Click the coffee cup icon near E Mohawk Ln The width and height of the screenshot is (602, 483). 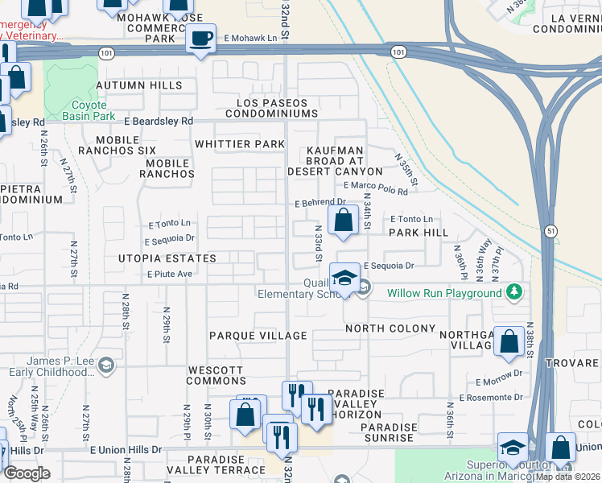[200, 38]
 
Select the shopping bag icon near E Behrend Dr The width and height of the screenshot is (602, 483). [343, 220]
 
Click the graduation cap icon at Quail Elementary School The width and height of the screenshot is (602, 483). [344, 278]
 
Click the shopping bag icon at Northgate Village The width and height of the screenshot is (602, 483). [509, 341]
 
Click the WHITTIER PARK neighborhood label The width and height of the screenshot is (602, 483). [240, 144]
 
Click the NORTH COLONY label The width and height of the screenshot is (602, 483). [390, 328]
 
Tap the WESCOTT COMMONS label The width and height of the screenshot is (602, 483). [215, 376]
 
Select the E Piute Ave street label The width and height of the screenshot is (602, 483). [168, 274]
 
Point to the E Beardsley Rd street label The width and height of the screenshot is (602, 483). [159, 121]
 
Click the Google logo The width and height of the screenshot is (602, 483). [27, 473]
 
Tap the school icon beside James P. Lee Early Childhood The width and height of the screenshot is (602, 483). [105, 366]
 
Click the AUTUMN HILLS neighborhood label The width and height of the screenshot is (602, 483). [139, 85]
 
